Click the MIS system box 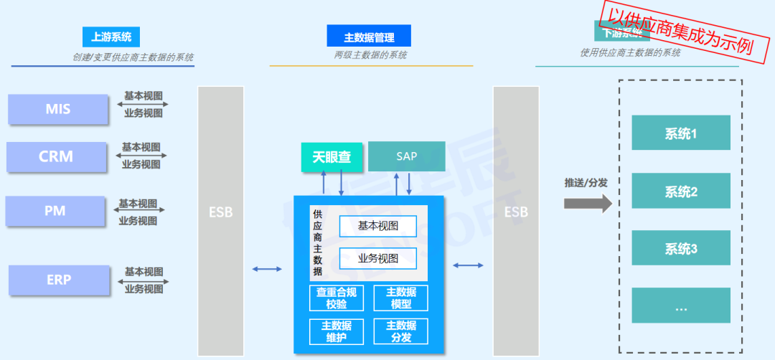pos(58,109)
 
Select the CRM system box pos(56,156)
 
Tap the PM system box pos(55,211)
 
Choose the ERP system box pos(59,280)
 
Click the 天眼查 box pos(332,156)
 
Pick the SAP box pos(406,156)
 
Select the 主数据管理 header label pos(370,37)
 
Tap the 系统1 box pos(681,133)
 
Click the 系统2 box pos(681,191)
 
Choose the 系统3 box pos(681,248)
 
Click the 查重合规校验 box pos(341,298)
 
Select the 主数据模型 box pos(400,298)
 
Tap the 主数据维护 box pos(341,331)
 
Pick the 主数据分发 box pos(400,331)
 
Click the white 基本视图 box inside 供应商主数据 pos(377,227)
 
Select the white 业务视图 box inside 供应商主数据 pos(377,258)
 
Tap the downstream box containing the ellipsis pos(681,306)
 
